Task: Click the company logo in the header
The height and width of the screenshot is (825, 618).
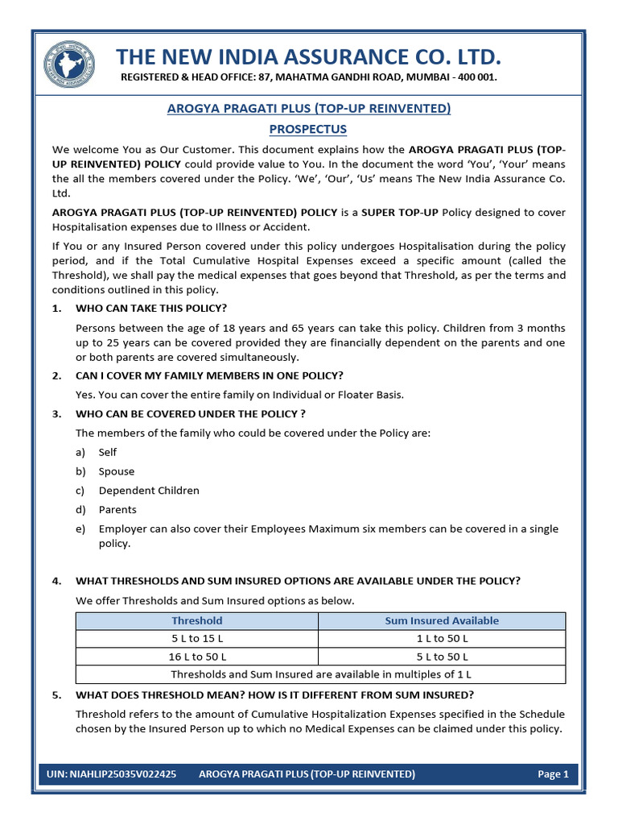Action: (x=69, y=65)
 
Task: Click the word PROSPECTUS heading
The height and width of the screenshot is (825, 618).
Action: (x=308, y=129)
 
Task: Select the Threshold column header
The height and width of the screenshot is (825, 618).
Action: (x=197, y=620)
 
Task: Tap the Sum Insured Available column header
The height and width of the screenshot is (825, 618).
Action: (x=442, y=620)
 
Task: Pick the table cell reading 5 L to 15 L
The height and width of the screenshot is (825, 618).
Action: (x=197, y=638)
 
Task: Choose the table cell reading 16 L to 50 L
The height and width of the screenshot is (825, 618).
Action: (x=197, y=656)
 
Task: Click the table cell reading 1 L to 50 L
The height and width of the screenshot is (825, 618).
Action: (x=442, y=638)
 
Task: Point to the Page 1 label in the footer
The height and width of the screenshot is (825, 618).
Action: (x=553, y=774)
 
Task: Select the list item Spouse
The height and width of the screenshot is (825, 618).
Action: (x=117, y=471)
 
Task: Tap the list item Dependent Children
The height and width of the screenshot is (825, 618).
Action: (x=149, y=491)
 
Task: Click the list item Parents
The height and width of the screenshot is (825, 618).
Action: (x=117, y=510)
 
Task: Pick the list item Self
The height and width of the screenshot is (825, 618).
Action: (x=108, y=453)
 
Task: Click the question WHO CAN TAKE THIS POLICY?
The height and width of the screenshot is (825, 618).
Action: (x=150, y=309)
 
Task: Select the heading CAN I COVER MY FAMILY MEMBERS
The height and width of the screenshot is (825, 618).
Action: (x=208, y=376)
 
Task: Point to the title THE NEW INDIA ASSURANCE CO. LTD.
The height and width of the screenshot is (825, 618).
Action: (x=308, y=57)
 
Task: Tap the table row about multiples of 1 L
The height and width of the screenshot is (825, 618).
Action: (x=320, y=674)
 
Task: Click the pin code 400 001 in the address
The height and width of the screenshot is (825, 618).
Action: (x=478, y=77)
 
